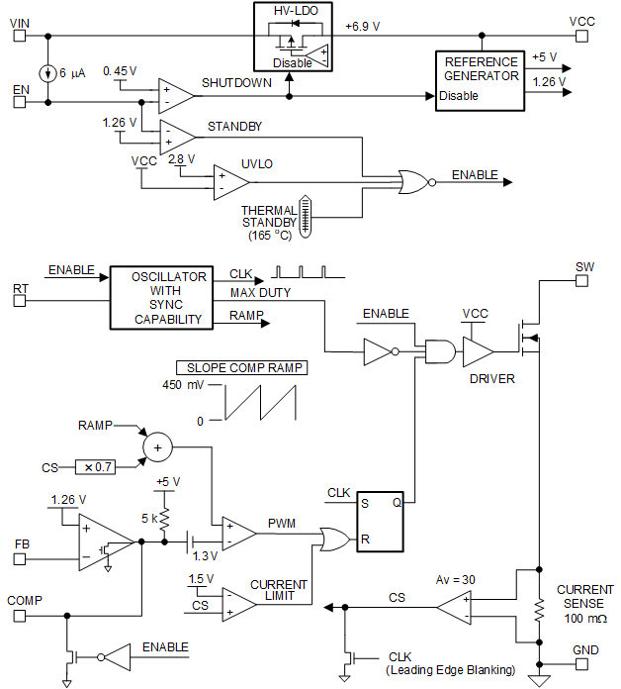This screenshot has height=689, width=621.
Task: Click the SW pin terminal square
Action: [582, 280]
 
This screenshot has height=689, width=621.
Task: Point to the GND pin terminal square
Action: [582, 664]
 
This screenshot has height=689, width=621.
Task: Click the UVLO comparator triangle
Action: [229, 181]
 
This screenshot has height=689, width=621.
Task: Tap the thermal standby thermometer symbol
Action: [306, 214]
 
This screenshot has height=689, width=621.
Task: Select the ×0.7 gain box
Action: [96, 466]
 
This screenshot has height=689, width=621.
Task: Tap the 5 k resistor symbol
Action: [165, 519]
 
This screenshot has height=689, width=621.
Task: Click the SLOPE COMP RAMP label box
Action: [240, 367]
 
